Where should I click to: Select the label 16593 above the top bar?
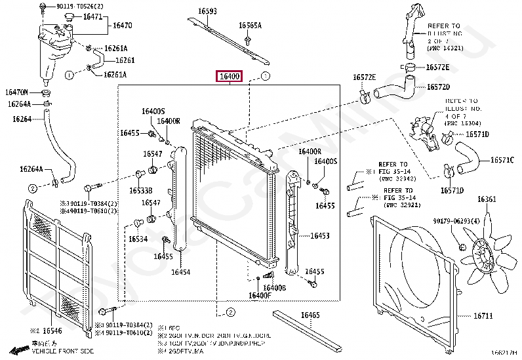[x=208, y=11]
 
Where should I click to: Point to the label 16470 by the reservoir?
[x=122, y=26]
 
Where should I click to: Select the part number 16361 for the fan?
[x=487, y=199]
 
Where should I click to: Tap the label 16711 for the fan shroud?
[x=483, y=316]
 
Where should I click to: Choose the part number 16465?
[x=310, y=315]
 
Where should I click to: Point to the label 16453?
[x=319, y=235]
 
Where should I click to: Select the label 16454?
[x=180, y=271]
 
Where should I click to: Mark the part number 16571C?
[x=502, y=160]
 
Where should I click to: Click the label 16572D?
[x=439, y=87]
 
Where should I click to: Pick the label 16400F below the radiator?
[x=260, y=296]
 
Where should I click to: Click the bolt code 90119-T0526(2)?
[x=79, y=6]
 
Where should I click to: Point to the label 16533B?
[x=140, y=190]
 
